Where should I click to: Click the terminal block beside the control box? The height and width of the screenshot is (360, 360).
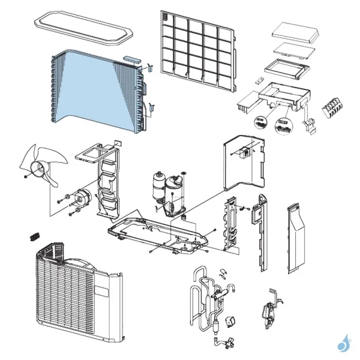tap(334, 109)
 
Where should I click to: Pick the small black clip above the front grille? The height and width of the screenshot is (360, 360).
tap(34, 235)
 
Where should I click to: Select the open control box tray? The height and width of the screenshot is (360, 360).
tap(282, 96)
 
